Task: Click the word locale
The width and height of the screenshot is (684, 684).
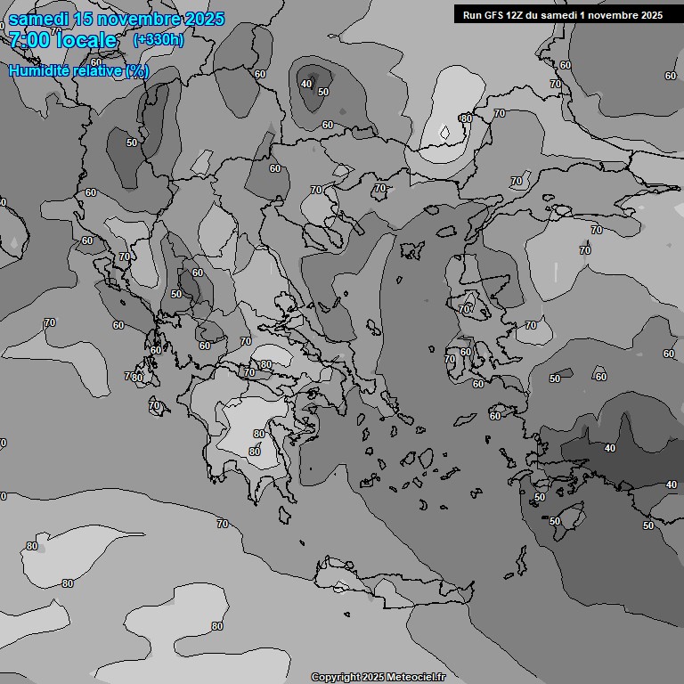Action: point(86,40)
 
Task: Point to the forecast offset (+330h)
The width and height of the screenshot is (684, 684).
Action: point(159,40)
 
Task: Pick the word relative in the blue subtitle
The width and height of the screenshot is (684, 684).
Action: point(98,70)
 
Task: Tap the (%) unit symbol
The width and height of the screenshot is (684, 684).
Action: point(137,70)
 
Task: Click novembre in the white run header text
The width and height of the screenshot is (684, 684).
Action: point(609,15)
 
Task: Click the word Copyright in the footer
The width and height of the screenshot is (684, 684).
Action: point(335,677)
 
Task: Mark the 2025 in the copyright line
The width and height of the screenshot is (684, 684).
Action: point(373,677)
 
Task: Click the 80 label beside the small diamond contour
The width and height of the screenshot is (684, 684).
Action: point(465,118)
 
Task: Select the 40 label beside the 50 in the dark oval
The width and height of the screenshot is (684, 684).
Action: point(306,84)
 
